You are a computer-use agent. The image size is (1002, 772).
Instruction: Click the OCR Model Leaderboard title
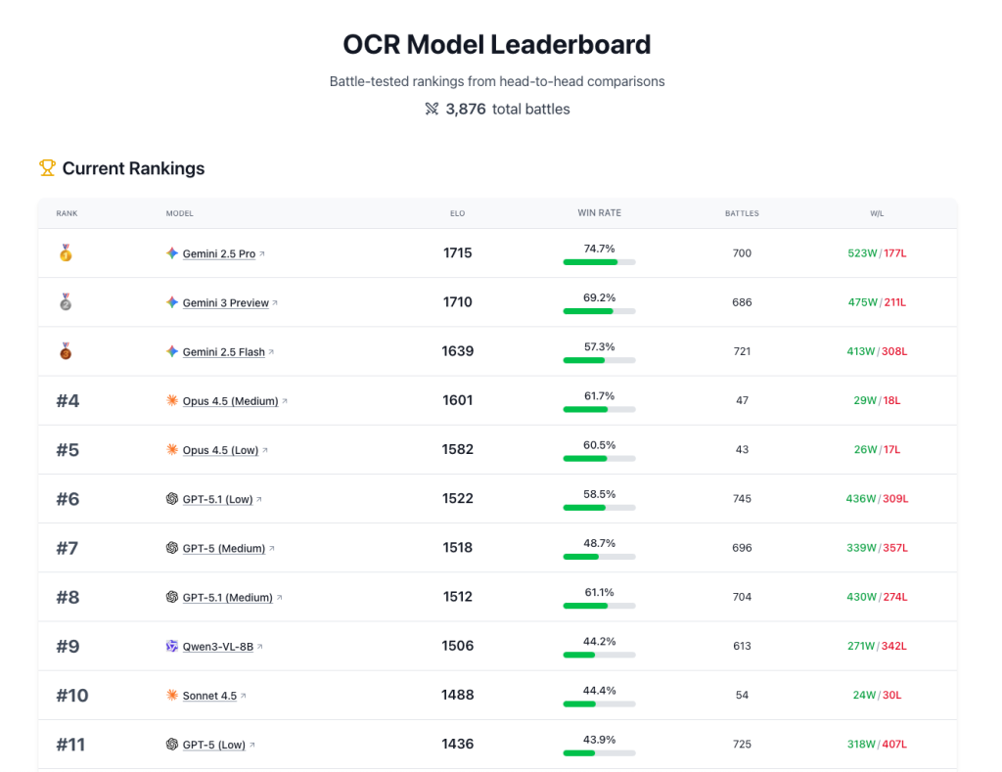click(x=496, y=45)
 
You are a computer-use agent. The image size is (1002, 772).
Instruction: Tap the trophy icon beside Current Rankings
click(x=47, y=168)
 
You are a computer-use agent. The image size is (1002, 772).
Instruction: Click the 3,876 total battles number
click(x=466, y=109)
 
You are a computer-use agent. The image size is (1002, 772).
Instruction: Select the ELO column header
click(x=457, y=213)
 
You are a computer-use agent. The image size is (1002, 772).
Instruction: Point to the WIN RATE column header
click(x=599, y=213)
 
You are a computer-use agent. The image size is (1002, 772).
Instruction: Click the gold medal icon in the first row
click(x=66, y=253)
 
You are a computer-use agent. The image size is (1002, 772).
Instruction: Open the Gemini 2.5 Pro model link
click(x=218, y=253)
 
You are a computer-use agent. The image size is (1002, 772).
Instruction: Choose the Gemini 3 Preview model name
click(x=225, y=302)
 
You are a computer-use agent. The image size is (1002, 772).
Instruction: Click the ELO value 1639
click(x=457, y=351)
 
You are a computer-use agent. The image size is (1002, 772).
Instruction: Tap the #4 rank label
click(x=68, y=400)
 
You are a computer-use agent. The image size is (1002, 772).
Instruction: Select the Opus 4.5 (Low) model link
click(x=220, y=450)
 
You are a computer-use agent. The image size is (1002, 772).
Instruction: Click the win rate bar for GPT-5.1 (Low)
click(x=599, y=508)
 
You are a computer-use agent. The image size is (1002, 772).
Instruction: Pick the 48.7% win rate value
click(x=599, y=542)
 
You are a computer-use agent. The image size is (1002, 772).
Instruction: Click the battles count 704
click(x=742, y=597)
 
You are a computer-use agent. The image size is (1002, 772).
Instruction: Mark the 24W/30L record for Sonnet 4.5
click(x=877, y=695)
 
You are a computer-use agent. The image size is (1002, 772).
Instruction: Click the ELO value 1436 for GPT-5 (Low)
click(x=457, y=744)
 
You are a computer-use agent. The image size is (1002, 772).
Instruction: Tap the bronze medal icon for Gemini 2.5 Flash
click(x=66, y=351)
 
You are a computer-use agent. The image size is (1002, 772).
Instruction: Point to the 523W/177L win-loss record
click(x=877, y=253)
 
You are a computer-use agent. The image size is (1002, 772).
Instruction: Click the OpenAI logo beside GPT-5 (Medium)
click(x=172, y=548)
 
